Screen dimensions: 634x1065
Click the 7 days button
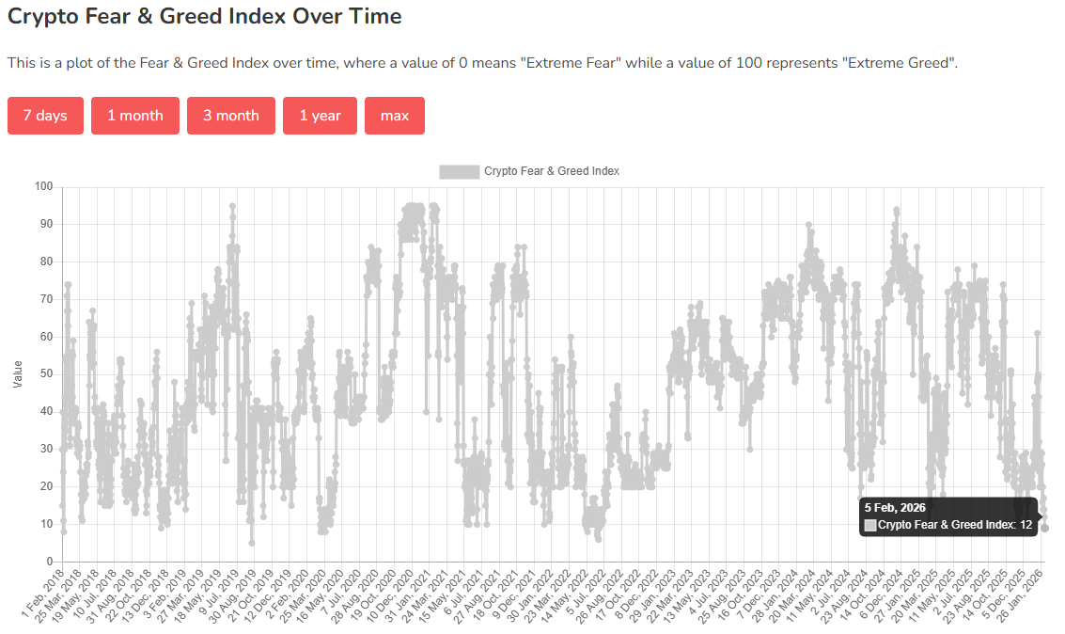(x=45, y=116)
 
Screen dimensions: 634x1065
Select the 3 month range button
(x=231, y=116)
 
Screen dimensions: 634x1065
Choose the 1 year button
(x=320, y=116)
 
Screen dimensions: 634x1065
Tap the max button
(x=395, y=116)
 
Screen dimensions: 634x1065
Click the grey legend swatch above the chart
(x=459, y=171)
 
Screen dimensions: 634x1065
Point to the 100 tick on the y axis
(x=43, y=186)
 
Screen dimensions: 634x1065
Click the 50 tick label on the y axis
(x=46, y=374)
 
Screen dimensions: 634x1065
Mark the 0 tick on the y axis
(x=50, y=563)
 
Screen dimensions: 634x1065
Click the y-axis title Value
(x=18, y=374)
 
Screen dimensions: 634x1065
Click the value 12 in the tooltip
(x=1026, y=524)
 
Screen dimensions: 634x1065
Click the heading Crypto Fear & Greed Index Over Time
(x=204, y=17)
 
